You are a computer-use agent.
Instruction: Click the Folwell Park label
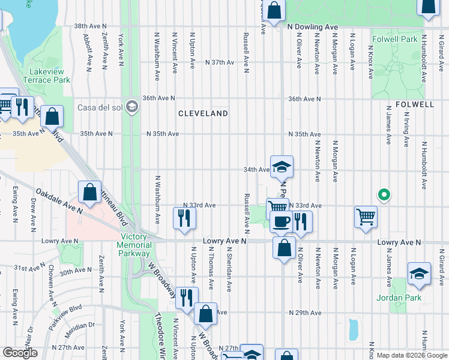[x=394, y=40]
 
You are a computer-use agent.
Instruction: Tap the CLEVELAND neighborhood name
[x=202, y=113]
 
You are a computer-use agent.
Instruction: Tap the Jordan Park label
[x=399, y=298]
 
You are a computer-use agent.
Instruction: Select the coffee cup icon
[x=280, y=221]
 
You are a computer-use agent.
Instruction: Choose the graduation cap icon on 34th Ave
[x=282, y=167]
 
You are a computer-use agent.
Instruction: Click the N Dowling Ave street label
[x=312, y=27]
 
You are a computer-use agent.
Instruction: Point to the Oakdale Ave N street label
[x=58, y=200]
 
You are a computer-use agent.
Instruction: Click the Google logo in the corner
[x=20, y=353]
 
